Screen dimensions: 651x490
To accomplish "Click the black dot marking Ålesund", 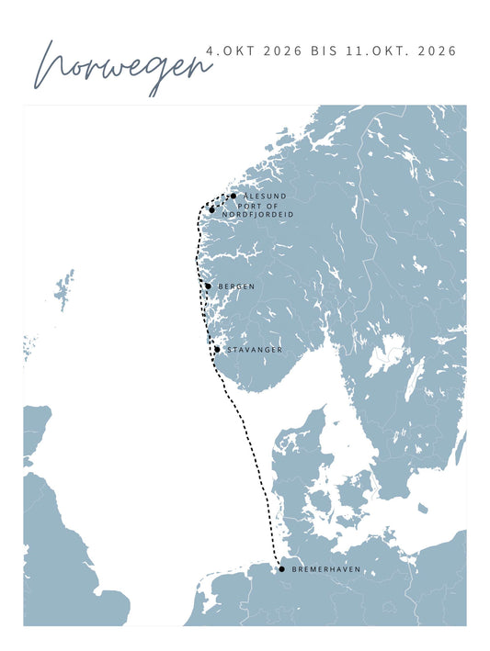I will point(234,196).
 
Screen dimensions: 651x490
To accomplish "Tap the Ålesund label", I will point(265,196).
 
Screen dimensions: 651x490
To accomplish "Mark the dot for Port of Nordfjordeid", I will point(212,209).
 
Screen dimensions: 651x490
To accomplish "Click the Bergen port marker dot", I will point(208,286).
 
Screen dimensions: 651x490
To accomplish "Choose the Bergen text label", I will point(236,286).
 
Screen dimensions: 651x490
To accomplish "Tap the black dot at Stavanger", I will point(217,350).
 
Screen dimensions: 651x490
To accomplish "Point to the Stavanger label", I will point(254,350).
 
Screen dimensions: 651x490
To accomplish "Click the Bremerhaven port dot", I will point(281,569).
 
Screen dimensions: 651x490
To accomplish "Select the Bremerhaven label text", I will point(325,569).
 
